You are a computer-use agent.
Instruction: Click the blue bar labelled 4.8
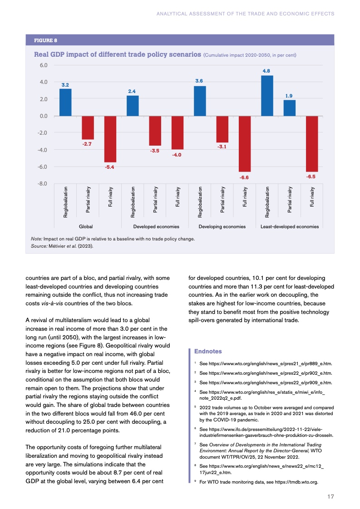[267, 96]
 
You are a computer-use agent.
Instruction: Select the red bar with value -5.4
[110, 139]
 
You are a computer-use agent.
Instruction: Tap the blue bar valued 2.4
[133, 106]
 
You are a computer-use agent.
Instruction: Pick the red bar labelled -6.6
[245, 143]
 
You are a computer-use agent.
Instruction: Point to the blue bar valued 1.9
[290, 108]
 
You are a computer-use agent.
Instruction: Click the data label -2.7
[88, 144]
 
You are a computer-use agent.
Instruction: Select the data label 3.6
[199, 81]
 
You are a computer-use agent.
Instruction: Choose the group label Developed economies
[156, 226]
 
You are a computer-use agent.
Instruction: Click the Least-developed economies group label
[290, 226]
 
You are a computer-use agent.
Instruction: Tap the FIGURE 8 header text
[46, 40]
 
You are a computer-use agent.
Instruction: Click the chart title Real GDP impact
[118, 54]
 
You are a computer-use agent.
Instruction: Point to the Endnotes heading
[207, 351]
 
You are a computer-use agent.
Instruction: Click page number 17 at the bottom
[330, 497]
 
